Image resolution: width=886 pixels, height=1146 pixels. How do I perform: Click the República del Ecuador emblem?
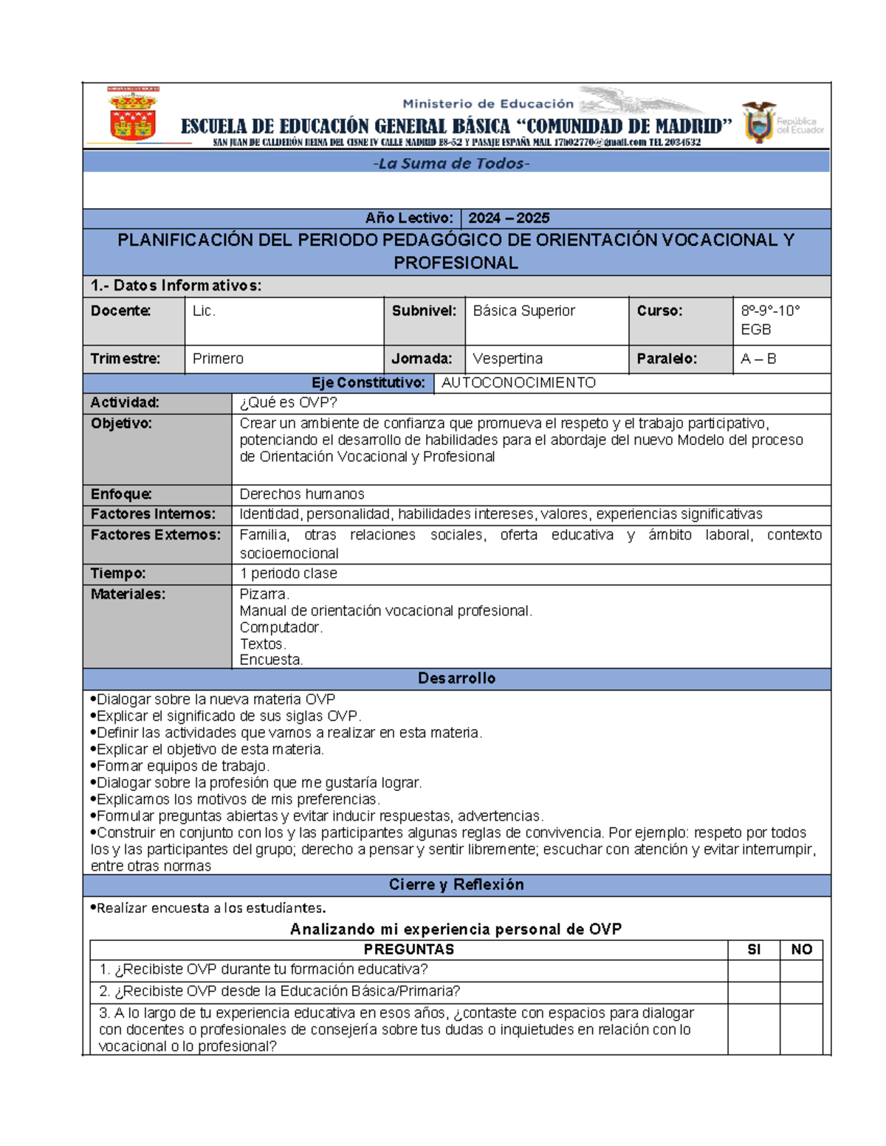point(759,122)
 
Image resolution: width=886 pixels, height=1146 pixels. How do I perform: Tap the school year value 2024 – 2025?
point(509,218)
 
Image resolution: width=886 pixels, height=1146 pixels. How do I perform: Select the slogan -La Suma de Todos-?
point(451,164)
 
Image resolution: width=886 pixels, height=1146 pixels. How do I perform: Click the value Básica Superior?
point(523,311)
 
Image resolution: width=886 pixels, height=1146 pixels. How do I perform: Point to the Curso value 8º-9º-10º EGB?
point(770,320)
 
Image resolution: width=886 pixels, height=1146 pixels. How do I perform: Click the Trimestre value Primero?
point(218,359)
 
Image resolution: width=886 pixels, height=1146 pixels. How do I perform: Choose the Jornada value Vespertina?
point(507,359)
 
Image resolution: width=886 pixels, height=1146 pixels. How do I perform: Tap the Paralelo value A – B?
point(758,359)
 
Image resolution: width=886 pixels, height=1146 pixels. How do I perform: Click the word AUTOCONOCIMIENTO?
point(518,383)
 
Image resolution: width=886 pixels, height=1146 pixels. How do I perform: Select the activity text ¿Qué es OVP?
point(289,403)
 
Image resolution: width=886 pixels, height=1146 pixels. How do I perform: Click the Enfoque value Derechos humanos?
point(302,494)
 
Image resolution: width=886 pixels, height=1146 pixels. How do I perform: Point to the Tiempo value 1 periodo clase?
point(289,573)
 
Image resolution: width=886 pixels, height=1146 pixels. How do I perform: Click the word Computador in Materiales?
point(281,627)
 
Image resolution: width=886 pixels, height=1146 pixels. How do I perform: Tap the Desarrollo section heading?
point(456,678)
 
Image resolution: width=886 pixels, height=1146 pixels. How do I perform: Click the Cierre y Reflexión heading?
point(456,885)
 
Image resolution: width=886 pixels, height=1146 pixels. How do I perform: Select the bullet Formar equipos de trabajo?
point(183,766)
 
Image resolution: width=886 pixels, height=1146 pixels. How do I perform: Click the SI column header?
point(753,950)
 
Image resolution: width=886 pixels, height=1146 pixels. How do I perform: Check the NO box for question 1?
point(801,970)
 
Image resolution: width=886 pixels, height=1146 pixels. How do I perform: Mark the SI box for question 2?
point(753,992)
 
